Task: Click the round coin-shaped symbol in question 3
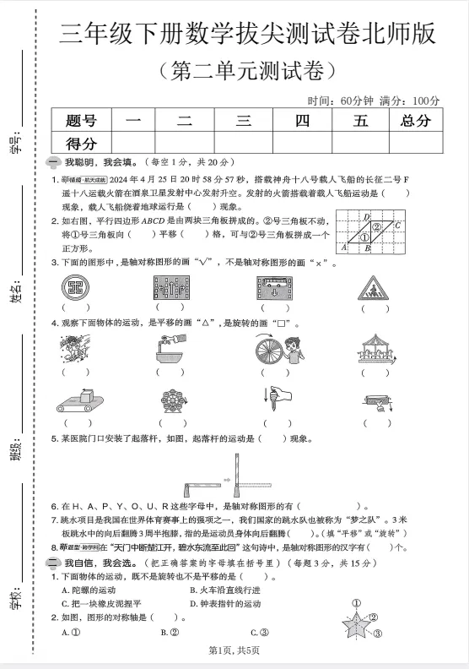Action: (76, 288)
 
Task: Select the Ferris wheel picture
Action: (171, 401)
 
